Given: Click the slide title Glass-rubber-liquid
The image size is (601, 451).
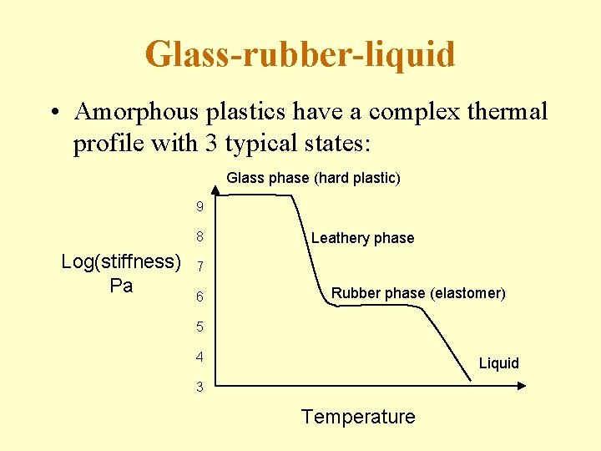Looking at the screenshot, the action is point(300,54).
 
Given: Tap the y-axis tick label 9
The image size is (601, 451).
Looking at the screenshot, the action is point(199,206).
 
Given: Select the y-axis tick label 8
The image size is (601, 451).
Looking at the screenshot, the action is point(199,237).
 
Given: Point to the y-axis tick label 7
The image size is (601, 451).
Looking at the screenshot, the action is point(199,267).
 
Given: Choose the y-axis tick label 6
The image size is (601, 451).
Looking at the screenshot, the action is point(199,297).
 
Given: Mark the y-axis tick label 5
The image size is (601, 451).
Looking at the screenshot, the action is point(199,327).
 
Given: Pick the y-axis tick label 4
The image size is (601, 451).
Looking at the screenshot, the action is point(199,357).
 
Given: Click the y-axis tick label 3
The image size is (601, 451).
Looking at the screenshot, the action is point(199,387).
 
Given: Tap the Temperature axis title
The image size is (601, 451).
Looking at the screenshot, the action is point(357,417).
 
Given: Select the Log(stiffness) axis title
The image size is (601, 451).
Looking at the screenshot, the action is point(122,261).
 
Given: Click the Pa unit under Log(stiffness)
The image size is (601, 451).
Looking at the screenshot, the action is point(121,286).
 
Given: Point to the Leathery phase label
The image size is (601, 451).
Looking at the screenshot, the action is point(362,238).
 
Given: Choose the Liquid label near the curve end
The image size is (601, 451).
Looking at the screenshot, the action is point(498,363).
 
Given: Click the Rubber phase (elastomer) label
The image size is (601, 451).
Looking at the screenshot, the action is point(418,293).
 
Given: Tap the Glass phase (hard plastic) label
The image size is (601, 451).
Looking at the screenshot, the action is point(313,178).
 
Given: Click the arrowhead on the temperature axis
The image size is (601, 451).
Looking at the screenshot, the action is point(522,386).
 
